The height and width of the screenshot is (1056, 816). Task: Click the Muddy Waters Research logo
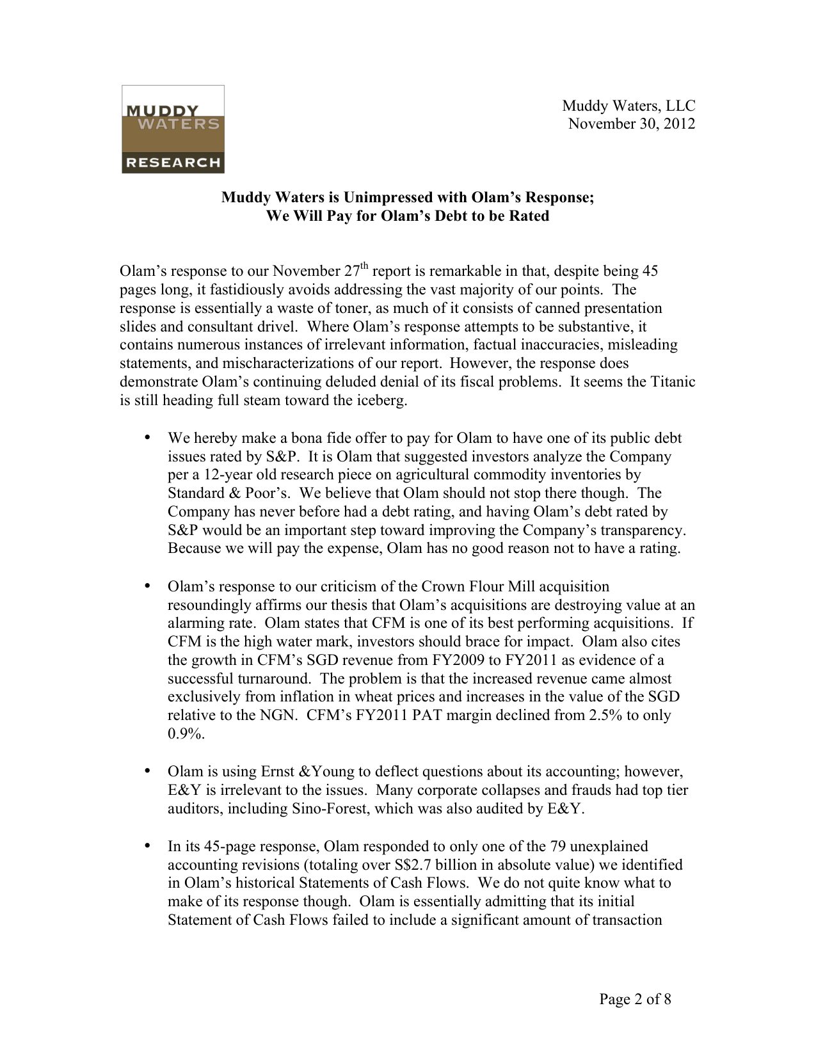(x=173, y=129)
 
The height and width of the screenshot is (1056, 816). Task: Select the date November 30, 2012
(x=631, y=124)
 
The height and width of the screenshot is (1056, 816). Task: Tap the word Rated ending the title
(x=529, y=216)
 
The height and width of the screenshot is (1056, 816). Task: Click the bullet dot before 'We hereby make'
(x=147, y=438)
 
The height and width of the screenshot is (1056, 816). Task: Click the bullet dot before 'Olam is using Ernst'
(x=147, y=771)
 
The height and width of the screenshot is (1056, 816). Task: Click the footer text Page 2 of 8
(x=635, y=1000)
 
